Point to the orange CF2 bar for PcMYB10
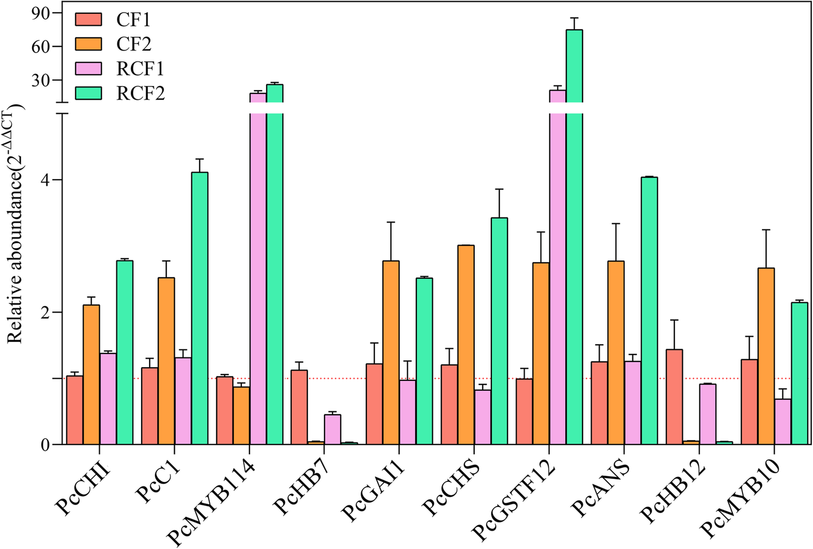click(x=766, y=356)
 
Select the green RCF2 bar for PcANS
click(x=649, y=310)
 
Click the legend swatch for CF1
click(x=88, y=20)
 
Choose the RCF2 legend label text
click(x=140, y=93)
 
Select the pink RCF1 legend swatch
click(x=88, y=68)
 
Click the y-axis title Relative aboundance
click(x=15, y=224)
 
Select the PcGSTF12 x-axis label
click(x=514, y=499)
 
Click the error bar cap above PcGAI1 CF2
click(x=391, y=222)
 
